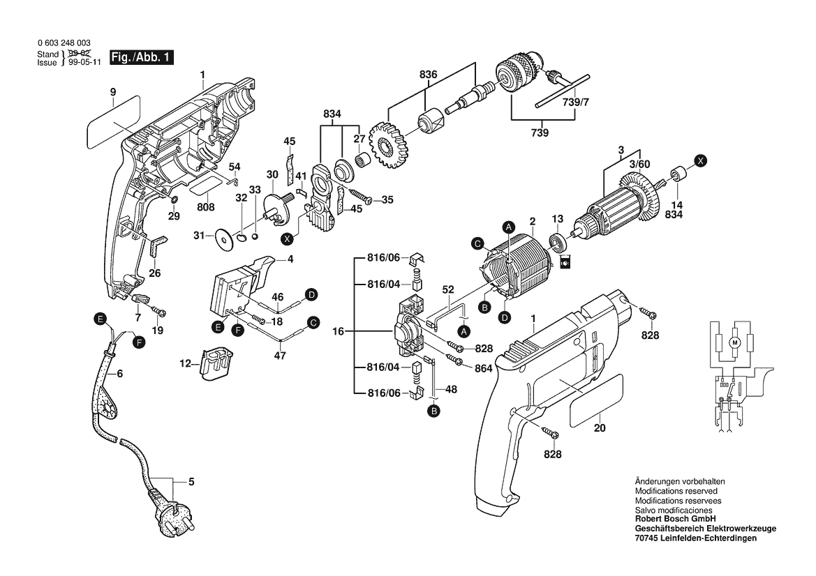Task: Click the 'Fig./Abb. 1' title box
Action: click(141, 58)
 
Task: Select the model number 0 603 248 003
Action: click(64, 43)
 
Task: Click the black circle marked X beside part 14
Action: click(702, 160)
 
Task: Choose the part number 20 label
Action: click(600, 429)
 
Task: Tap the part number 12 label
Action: click(185, 363)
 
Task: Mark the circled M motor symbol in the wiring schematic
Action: click(733, 342)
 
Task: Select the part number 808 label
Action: click(205, 207)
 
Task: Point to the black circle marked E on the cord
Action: click(101, 319)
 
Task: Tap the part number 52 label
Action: click(448, 289)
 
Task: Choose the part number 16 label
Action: click(339, 332)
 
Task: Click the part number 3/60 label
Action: click(639, 164)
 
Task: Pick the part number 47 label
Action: click(280, 355)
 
